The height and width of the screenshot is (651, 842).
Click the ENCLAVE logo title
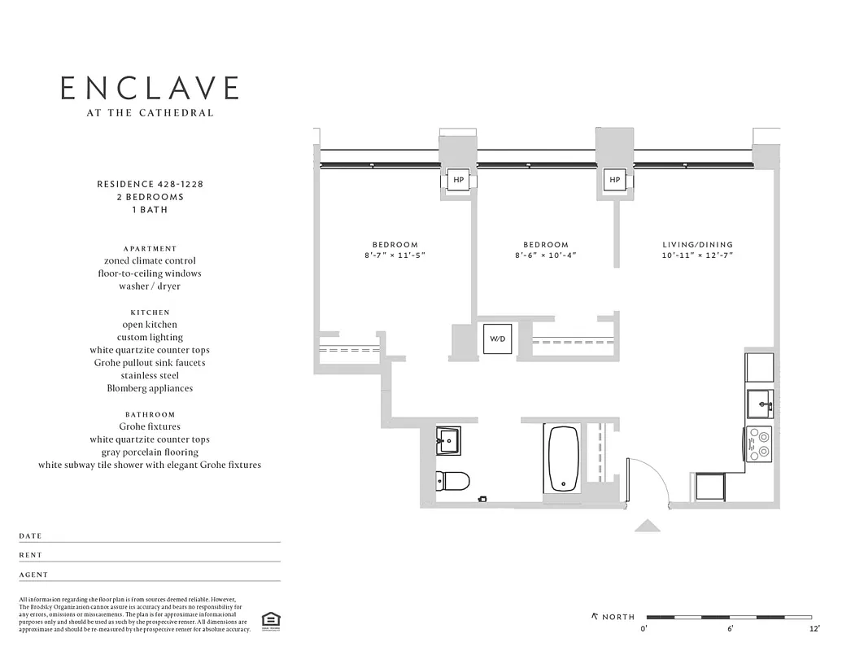click(151, 88)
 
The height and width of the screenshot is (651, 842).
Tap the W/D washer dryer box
click(497, 338)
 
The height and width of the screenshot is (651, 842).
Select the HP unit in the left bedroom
click(458, 180)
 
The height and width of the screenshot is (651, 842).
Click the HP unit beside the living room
click(614, 180)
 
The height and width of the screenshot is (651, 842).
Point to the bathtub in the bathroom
click(563, 458)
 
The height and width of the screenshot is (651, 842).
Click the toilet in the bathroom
click(449, 480)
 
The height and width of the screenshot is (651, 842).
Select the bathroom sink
click(447, 442)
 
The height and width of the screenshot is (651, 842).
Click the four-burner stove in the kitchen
click(760, 445)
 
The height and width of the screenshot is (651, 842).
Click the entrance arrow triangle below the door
click(648, 526)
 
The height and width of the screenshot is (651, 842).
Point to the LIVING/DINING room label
click(697, 244)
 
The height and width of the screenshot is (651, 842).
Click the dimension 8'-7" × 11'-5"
click(395, 256)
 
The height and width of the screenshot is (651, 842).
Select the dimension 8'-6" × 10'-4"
click(546, 256)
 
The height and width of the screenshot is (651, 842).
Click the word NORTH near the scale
click(618, 617)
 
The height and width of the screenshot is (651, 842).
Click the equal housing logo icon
click(267, 621)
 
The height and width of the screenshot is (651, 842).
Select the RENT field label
click(30, 555)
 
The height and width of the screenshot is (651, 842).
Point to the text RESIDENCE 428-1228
click(150, 185)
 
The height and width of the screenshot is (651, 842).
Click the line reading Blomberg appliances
click(150, 388)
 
